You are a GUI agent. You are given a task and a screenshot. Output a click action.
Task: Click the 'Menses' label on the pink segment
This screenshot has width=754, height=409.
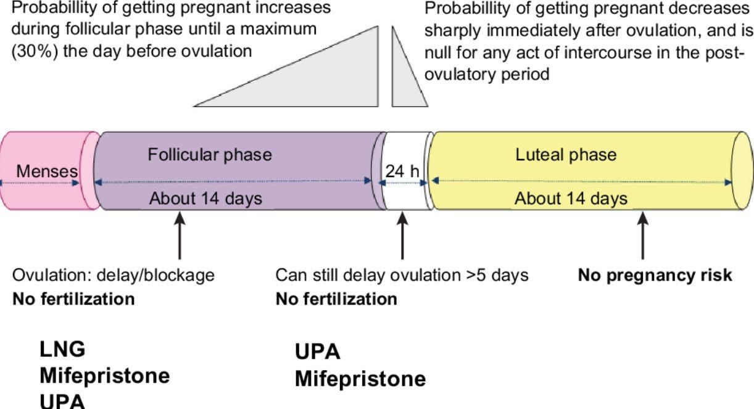click(x=47, y=171)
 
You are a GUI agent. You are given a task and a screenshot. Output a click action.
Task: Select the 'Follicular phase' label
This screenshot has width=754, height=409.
click(x=209, y=154)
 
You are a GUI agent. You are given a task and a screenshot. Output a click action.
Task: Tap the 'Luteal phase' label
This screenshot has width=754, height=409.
click(x=565, y=154)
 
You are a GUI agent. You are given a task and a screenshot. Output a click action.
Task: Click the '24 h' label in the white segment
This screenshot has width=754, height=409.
click(x=402, y=171)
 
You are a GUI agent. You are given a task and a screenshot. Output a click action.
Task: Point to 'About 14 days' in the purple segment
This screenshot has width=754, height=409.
click(x=205, y=199)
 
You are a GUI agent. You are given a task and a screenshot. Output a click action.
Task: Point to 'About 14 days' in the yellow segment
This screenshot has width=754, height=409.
click(x=571, y=199)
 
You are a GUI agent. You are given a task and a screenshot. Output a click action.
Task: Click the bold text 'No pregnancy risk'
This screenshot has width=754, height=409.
click(x=655, y=275)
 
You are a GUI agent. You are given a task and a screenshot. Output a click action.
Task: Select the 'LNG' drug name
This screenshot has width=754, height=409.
click(x=62, y=349)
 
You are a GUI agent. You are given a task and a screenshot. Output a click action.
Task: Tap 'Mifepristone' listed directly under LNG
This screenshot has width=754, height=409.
click(x=104, y=375)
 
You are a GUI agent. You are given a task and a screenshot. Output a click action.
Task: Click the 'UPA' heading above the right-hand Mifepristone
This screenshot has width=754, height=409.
click(x=317, y=352)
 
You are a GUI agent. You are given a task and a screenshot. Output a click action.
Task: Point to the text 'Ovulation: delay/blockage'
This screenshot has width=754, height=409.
click(x=114, y=275)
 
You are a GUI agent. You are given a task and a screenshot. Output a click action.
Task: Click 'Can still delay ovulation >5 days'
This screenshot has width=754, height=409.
click(x=402, y=275)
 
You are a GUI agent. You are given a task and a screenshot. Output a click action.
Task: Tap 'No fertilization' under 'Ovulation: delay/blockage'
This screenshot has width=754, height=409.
click(x=73, y=299)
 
